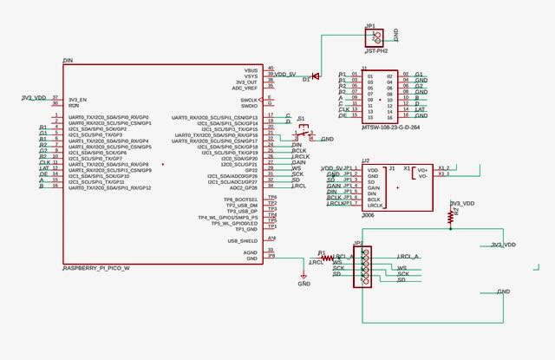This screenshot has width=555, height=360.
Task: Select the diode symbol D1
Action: coord(315,76)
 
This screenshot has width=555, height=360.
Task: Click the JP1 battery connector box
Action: coord(375,36)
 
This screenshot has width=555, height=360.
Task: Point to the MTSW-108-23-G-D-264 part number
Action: coord(390,128)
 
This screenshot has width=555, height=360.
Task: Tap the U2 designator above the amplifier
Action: coord(366,160)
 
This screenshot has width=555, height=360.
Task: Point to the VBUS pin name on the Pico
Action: coord(251,69)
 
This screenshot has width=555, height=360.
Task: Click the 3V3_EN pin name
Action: coord(78,99)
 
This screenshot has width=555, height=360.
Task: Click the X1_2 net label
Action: coord(444,167)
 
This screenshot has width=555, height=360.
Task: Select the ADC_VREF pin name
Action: coord(245,88)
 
